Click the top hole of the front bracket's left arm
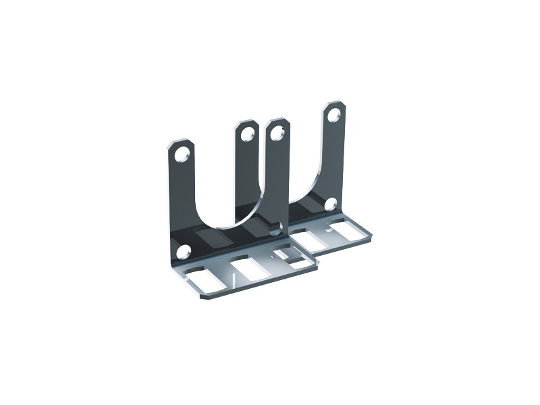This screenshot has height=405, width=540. [x=181, y=155]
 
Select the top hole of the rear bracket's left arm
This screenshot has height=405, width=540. [x=275, y=133]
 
